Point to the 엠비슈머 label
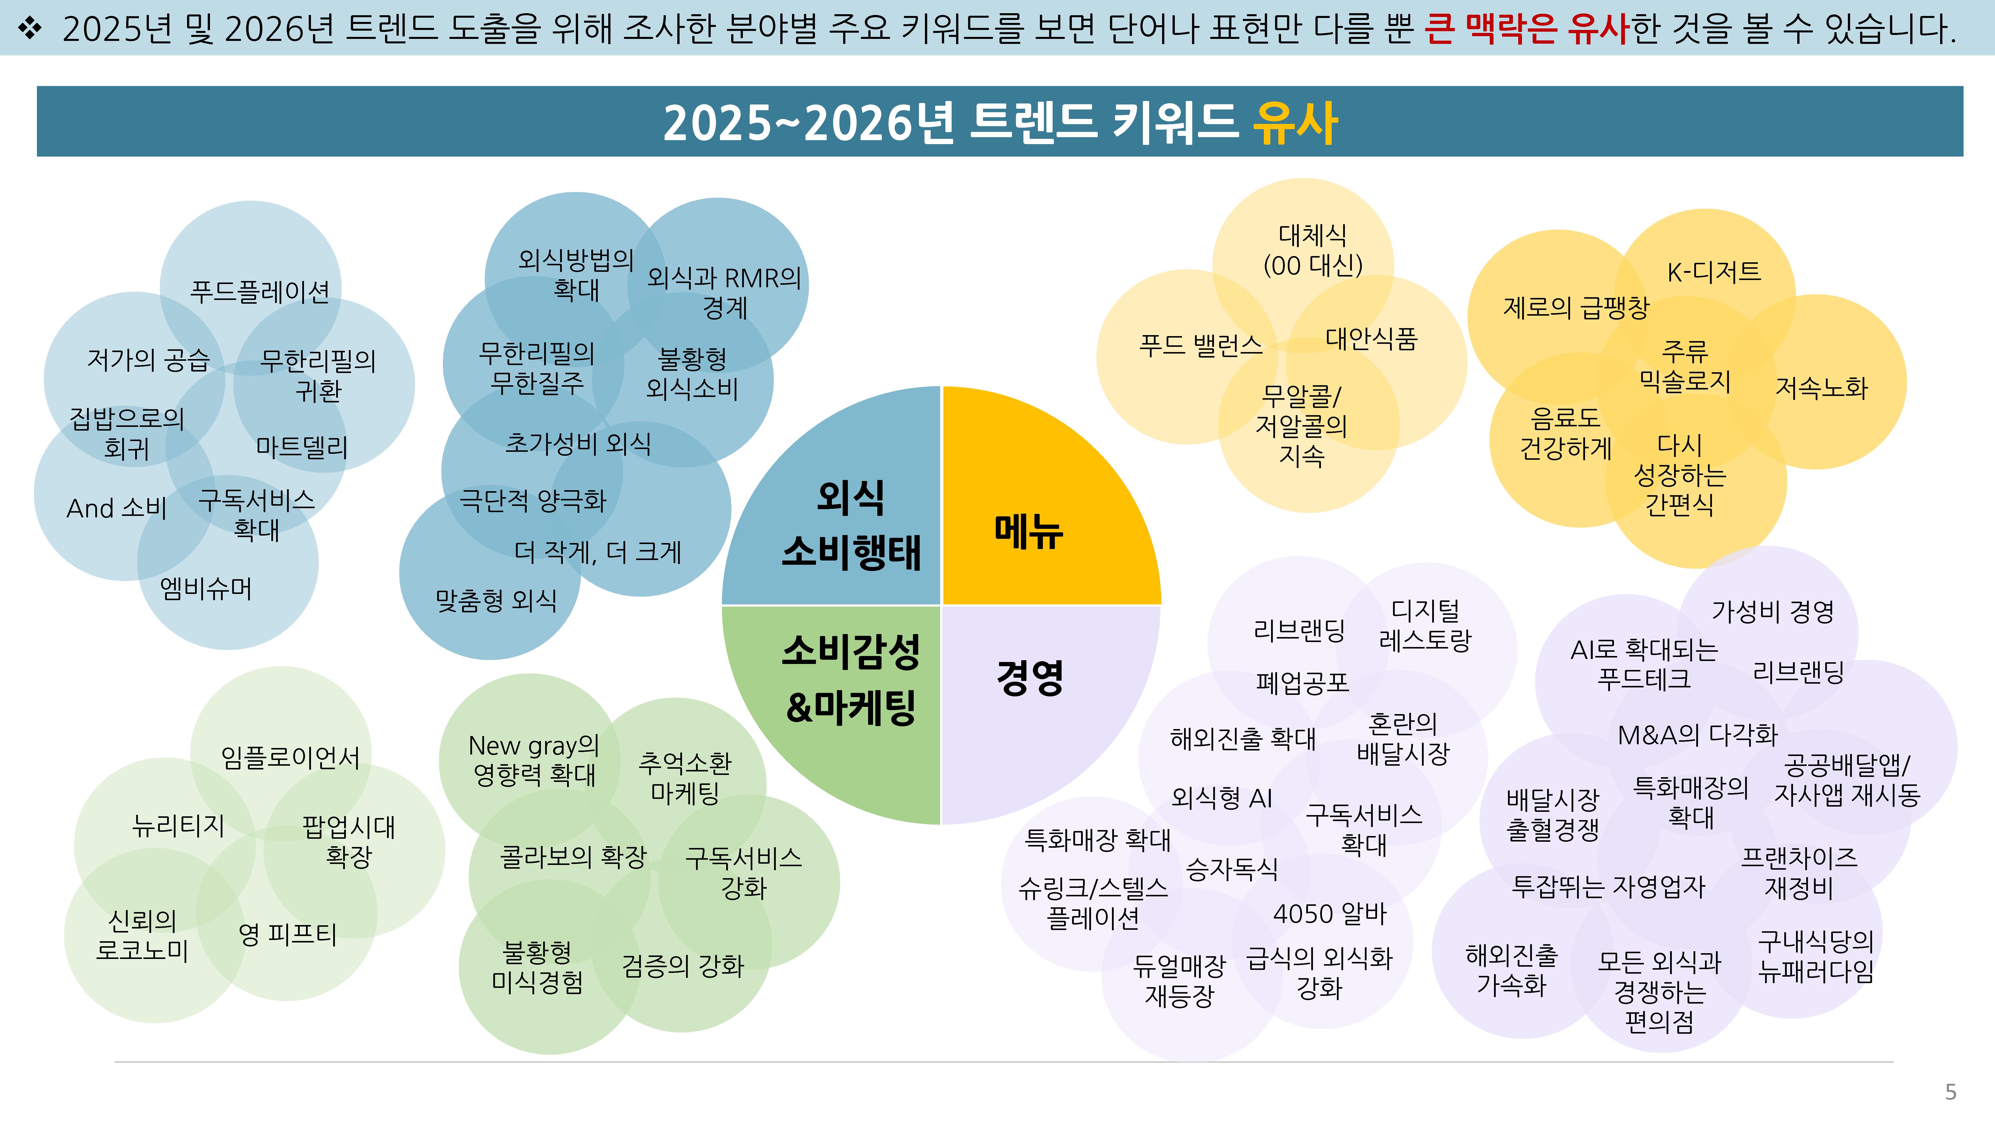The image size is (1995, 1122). pyautogui.click(x=206, y=588)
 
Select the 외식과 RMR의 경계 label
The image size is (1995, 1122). pyautogui.click(x=724, y=293)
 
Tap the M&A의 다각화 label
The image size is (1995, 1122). pyautogui.click(x=1697, y=734)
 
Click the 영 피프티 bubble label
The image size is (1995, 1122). pyautogui.click(x=287, y=934)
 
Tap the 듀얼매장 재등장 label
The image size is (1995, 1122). pyautogui.click(x=1179, y=980)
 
